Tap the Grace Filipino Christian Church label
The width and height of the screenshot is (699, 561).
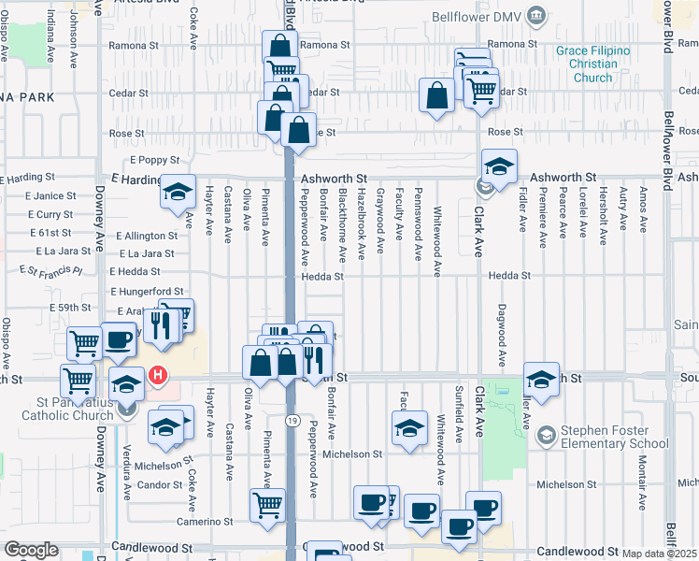coord(592,64)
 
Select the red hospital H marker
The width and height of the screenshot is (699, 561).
coord(158,377)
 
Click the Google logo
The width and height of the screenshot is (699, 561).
coord(31,550)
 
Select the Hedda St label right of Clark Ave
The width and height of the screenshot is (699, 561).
coord(513,276)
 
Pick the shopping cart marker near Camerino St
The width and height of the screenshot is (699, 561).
coord(268,505)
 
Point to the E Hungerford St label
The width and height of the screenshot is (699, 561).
coord(148,292)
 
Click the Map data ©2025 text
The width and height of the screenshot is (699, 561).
coord(659,554)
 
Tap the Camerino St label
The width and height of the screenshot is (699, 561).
coord(208,521)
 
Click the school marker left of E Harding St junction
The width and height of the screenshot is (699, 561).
coord(177,192)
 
